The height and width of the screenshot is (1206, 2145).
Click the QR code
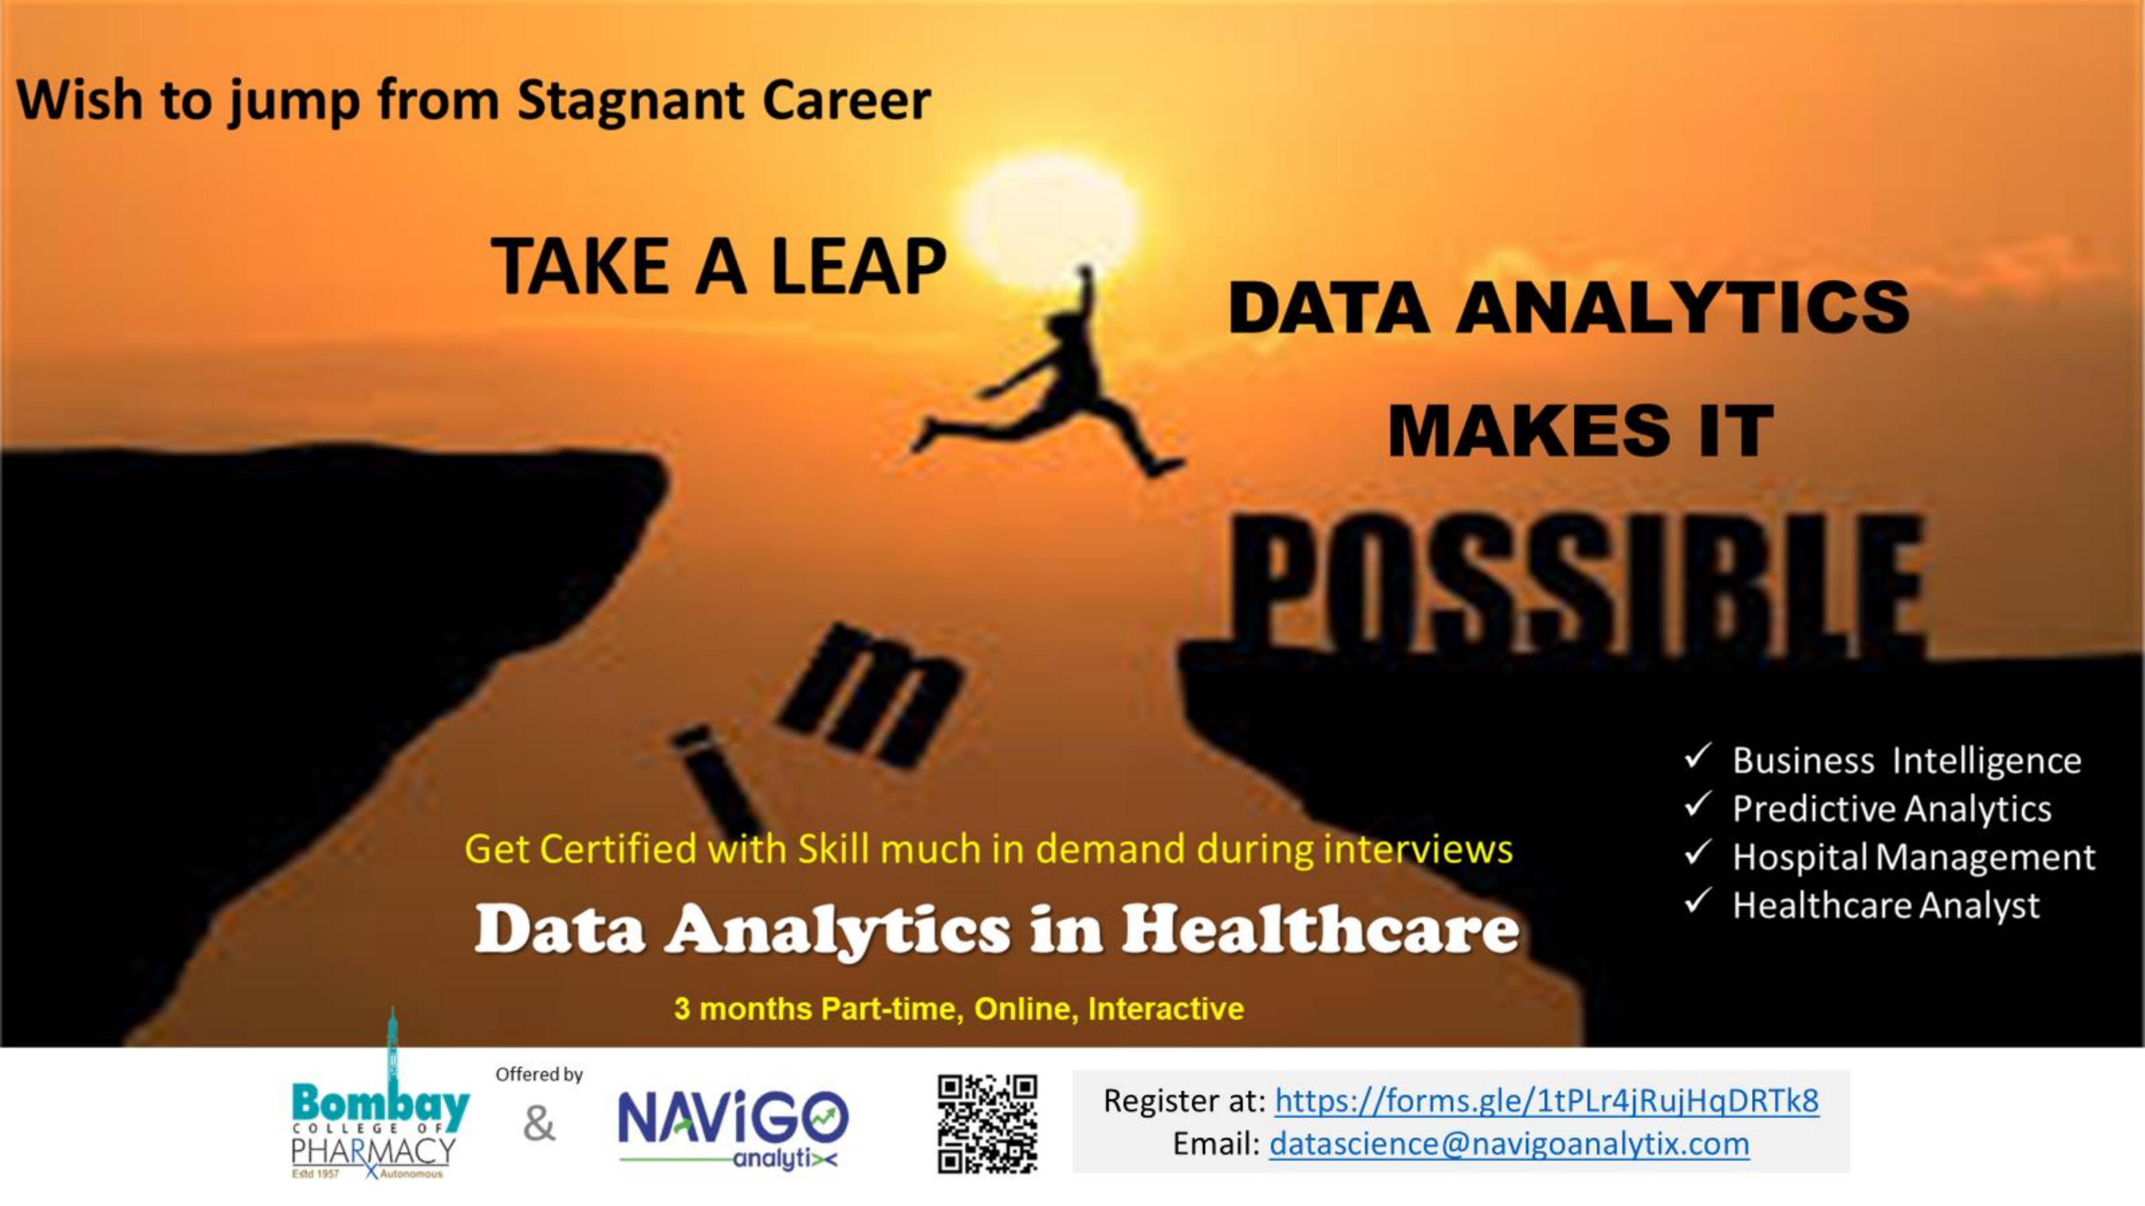pyautogui.click(x=988, y=1123)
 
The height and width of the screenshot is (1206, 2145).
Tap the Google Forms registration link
pyautogui.click(x=1547, y=1100)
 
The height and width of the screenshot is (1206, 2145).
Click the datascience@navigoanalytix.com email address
pyautogui.click(x=1509, y=1144)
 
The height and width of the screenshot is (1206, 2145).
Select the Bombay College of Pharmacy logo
pyautogui.click(x=380, y=1099)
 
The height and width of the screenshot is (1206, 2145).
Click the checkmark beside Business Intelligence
pyautogui.click(x=1697, y=756)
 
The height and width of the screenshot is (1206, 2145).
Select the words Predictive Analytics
pyautogui.click(x=1892, y=809)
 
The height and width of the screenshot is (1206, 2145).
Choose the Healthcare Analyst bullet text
pyautogui.click(x=1886, y=905)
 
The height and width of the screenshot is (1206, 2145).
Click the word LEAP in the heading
pyautogui.click(x=859, y=266)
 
